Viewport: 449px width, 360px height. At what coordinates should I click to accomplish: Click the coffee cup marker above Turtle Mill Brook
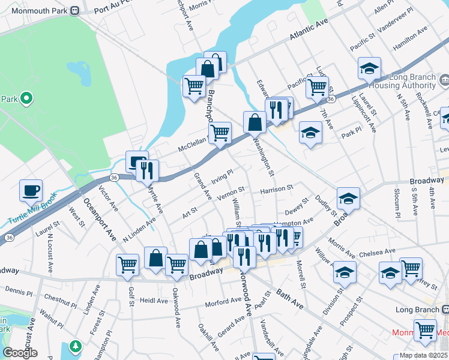pyautogui.click(x=31, y=191)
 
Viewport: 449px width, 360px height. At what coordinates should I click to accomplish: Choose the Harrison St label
pyautogui.click(x=276, y=189)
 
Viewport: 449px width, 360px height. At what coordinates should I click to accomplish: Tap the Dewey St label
pyautogui.click(x=297, y=210)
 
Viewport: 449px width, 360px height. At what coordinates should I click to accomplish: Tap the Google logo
pyautogui.click(x=20, y=353)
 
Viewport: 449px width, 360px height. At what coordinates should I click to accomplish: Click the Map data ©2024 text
pyautogui.click(x=420, y=355)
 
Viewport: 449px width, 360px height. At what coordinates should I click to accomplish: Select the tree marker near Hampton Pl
pyautogui.click(x=75, y=347)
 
